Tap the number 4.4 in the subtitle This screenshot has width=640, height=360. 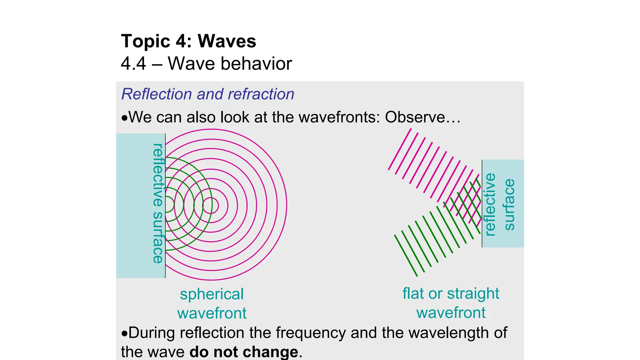click(x=133, y=63)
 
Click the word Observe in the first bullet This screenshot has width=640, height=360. click(x=414, y=117)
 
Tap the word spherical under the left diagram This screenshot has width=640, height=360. click(x=212, y=294)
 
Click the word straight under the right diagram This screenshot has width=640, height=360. click(x=473, y=293)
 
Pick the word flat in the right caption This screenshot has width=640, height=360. click(x=413, y=293)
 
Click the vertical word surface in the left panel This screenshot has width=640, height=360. click(x=158, y=237)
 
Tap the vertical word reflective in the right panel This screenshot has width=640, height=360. click(x=490, y=204)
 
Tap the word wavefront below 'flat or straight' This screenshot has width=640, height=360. click(x=451, y=313)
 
